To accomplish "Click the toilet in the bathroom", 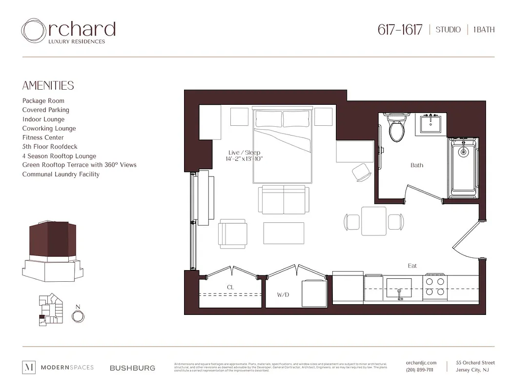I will (396, 128).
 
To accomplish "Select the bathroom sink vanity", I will (431, 124).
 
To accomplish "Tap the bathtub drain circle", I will (463, 152).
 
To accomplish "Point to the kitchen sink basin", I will (399, 287).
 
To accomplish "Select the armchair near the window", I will (233, 234).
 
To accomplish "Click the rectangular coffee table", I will (284, 233).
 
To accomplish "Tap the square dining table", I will (374, 221).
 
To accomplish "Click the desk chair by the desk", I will (362, 172).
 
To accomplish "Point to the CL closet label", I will (230, 288).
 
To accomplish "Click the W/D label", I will (283, 294).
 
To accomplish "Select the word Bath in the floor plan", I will (417, 165).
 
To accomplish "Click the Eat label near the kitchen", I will (412, 266).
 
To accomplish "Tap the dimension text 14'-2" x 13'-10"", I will (245, 159).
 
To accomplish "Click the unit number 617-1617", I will (400, 29).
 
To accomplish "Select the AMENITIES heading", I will (48, 86).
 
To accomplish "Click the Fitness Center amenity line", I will (43, 137).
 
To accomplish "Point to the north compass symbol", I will (78, 316).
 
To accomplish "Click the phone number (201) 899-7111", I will (419, 370).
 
